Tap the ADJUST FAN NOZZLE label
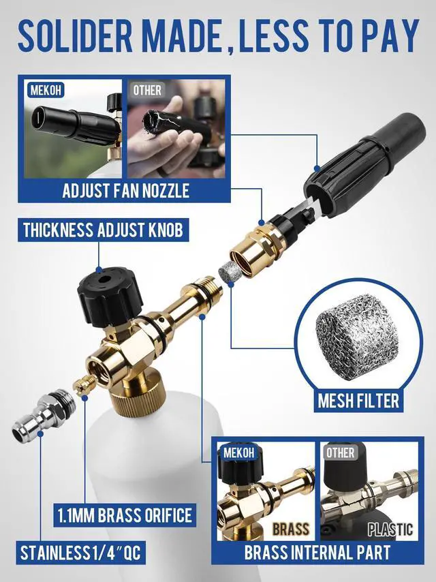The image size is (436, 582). point(125,189)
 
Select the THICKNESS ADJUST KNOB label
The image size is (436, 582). point(103,229)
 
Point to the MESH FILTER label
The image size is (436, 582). point(358,401)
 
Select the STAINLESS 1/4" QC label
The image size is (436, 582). point(81,552)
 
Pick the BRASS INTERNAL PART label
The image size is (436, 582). point(317,552)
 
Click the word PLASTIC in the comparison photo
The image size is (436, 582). point(390,529)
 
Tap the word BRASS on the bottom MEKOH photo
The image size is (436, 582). point(291,529)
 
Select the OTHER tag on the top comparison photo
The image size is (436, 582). point(146,89)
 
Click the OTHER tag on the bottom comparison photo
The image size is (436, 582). point(340,453)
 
